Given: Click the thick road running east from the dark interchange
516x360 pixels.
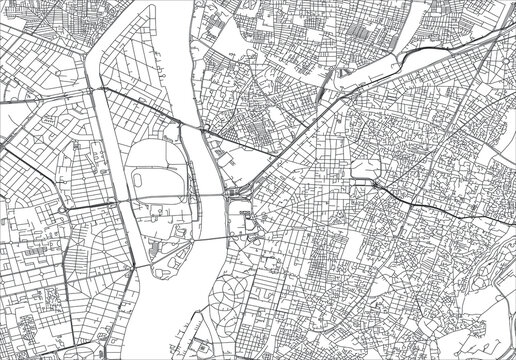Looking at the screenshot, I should [430, 205].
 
